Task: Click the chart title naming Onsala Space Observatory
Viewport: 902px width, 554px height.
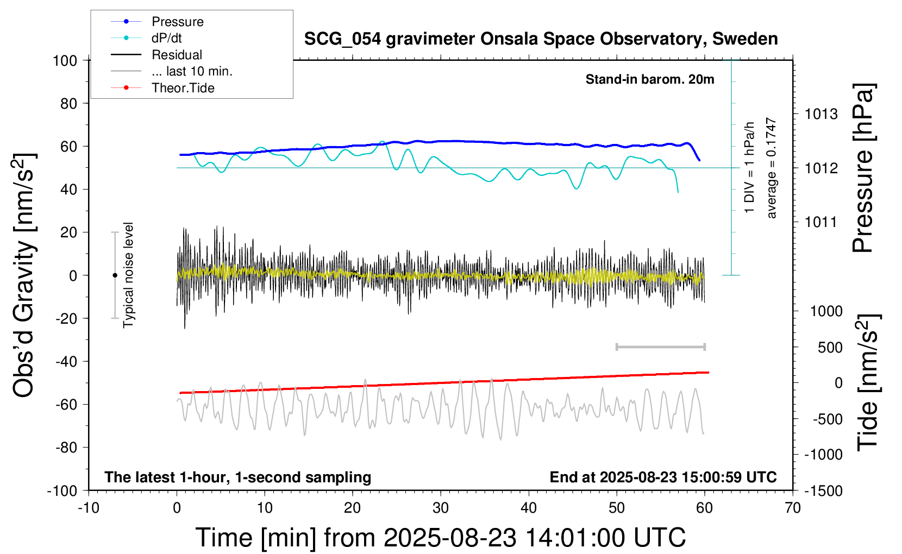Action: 541,39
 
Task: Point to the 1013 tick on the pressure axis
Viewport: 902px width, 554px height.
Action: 821,114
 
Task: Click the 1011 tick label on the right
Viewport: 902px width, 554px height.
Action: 821,222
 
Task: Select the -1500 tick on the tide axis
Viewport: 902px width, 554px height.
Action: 824,490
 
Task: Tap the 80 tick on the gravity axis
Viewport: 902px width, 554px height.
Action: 69,103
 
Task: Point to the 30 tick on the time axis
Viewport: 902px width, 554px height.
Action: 441,508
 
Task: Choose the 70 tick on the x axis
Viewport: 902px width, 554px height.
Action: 793,508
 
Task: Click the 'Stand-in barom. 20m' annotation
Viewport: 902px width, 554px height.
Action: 650,79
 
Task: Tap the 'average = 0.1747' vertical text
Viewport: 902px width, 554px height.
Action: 772,168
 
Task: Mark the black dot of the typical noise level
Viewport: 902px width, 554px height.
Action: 115,275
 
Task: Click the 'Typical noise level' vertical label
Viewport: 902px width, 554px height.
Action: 128,275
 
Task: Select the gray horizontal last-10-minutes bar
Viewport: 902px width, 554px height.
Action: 660,347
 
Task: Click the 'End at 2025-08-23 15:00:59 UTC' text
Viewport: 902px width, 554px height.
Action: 663,477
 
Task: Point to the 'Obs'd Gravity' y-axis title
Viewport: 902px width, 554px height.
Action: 24,275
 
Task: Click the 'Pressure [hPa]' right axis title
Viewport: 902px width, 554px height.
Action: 863,168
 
